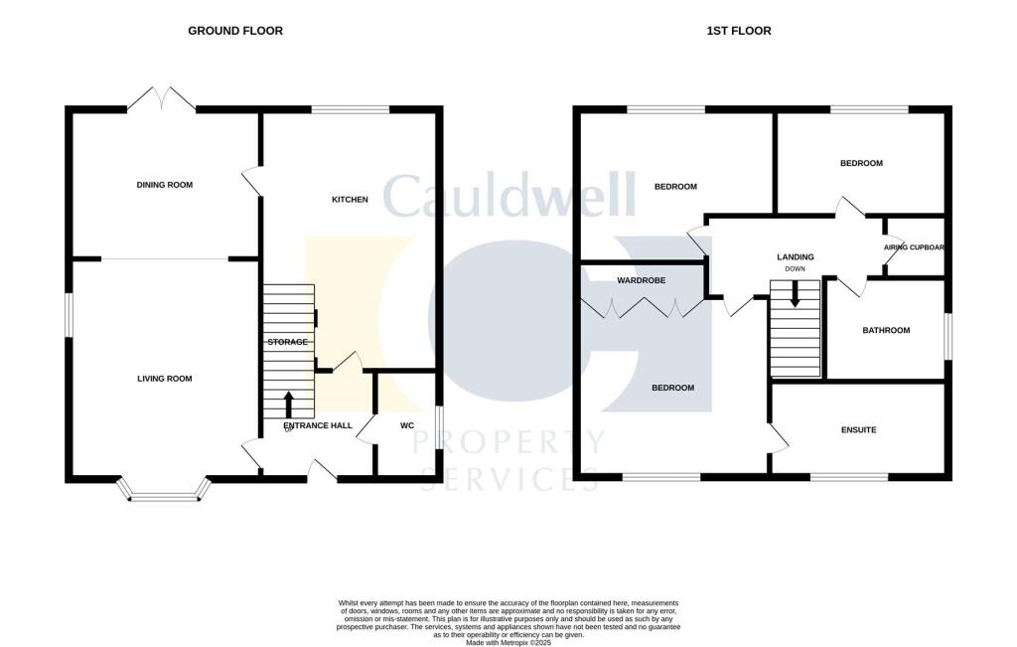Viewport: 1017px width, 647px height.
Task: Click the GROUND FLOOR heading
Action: pos(235,31)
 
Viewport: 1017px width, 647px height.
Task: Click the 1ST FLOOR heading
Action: pos(739,31)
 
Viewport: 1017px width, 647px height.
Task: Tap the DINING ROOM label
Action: pos(165,185)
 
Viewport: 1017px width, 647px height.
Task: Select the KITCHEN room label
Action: pos(350,200)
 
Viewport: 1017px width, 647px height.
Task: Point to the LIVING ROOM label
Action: pos(165,379)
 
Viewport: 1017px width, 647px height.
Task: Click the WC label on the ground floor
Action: pos(406,425)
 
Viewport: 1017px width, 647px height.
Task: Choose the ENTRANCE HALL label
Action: pos(318,425)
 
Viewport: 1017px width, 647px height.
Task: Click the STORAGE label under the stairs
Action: pos(287,342)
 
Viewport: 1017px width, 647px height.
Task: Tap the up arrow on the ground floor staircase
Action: pos(289,404)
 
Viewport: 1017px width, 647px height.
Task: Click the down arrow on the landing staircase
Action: pos(795,295)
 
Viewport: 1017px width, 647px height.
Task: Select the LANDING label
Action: pos(795,257)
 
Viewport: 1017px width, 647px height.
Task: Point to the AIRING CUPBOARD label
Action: pos(914,247)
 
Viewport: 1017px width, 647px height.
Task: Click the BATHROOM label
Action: pos(886,331)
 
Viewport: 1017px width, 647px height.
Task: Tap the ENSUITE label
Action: pos(858,430)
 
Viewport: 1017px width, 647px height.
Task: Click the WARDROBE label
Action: pos(641,281)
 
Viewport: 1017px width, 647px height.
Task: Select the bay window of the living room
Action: pos(165,491)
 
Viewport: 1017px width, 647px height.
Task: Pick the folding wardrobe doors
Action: pos(644,308)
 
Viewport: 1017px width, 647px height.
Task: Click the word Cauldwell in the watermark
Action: pos(508,197)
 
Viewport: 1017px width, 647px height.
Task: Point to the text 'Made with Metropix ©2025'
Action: pos(508,643)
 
